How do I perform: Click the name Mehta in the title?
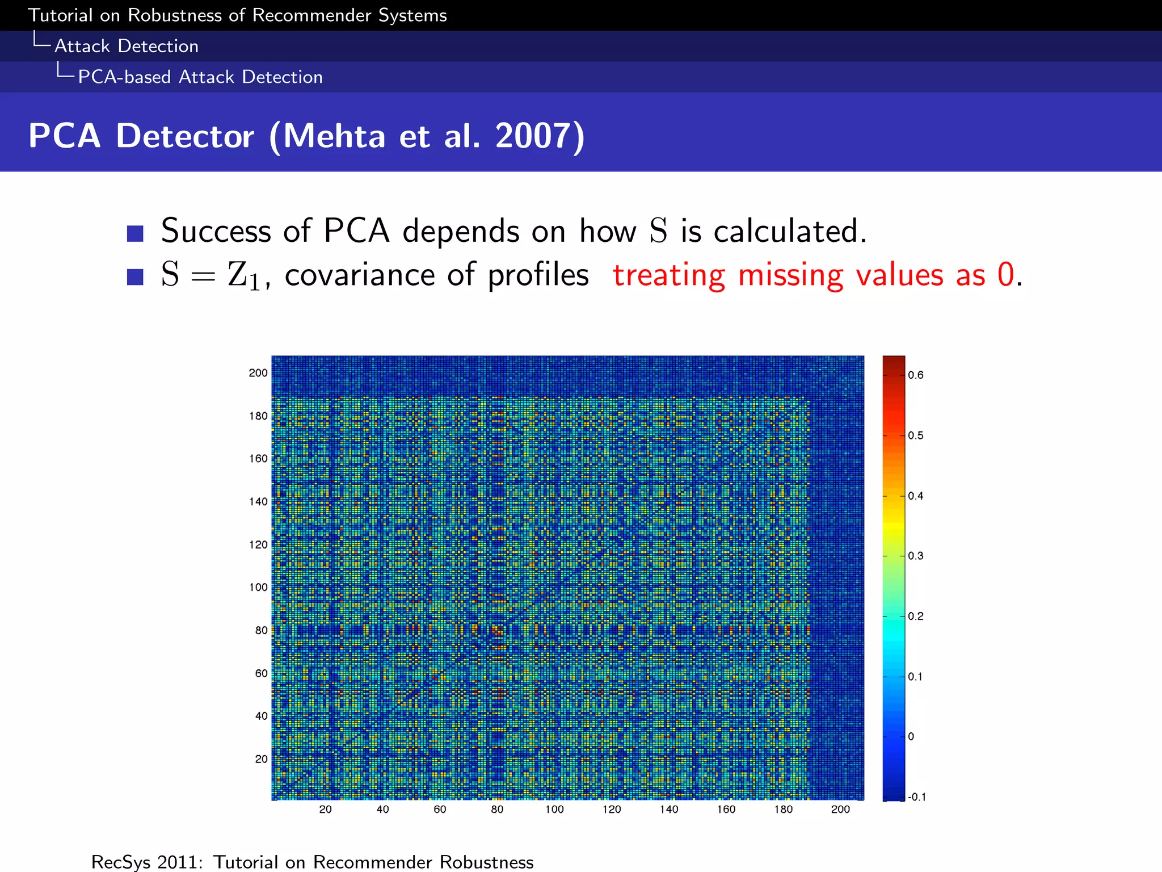tap(334, 136)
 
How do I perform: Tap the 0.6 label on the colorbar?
tap(916, 375)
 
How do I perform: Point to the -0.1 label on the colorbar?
tap(917, 797)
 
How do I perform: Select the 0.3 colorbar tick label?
tap(916, 556)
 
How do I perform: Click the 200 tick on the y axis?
tap(258, 373)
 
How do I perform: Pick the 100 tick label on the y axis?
tap(258, 587)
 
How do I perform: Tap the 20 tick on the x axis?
tap(325, 810)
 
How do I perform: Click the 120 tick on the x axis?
tap(612, 810)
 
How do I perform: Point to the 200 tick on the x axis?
tap(840, 810)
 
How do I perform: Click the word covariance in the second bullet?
tap(360, 275)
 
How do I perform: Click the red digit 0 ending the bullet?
tap(1006, 275)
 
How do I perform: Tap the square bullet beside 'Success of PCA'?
tap(135, 233)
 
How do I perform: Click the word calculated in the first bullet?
tap(790, 232)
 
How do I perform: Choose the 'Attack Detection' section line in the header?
tap(127, 46)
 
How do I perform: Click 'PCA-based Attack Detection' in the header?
tap(200, 77)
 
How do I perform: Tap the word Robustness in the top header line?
tap(175, 15)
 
